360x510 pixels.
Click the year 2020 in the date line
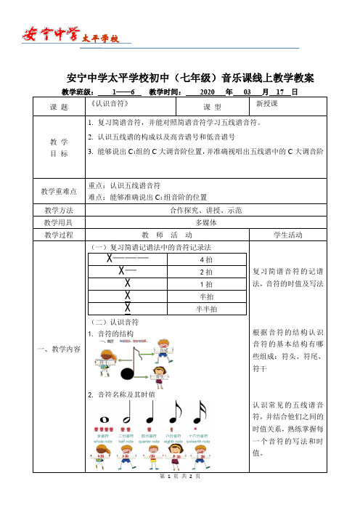(x=206, y=92)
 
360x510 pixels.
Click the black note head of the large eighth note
(x=128, y=375)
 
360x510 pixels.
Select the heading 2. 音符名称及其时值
(x=124, y=394)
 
